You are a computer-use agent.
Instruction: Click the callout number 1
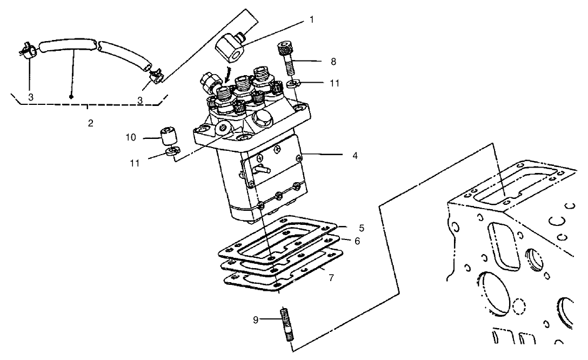[x=311, y=19]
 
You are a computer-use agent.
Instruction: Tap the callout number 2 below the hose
[x=91, y=123]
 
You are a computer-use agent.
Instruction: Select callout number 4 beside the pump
[x=355, y=155]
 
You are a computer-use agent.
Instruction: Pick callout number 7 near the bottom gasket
[x=331, y=277]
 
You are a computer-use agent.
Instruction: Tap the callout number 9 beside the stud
[x=256, y=319]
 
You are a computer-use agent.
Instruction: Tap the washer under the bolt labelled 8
[x=292, y=84]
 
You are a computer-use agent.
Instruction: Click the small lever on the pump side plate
[x=262, y=169]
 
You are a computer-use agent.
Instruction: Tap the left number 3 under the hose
[x=31, y=98]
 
